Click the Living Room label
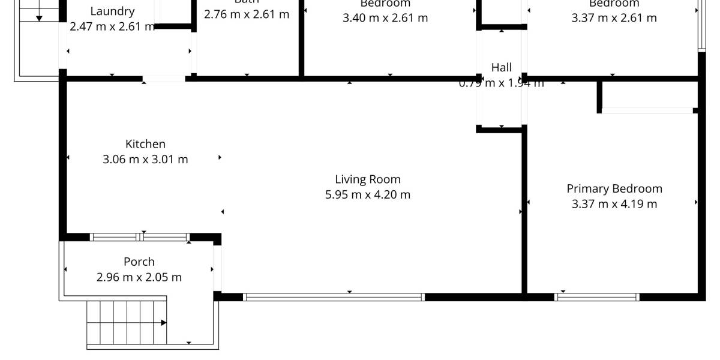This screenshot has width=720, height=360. point(367,179)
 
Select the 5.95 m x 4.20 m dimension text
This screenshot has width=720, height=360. point(367,194)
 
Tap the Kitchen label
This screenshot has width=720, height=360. point(145,144)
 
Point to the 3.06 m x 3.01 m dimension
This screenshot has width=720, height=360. point(145,160)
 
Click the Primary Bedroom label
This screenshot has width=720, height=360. point(614,188)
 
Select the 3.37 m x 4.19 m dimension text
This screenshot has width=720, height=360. point(614,204)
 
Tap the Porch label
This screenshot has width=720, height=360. point(139,262)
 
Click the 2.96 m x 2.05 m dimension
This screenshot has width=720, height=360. point(139,277)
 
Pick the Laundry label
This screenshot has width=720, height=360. point(112,11)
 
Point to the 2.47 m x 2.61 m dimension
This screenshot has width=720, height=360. point(112,26)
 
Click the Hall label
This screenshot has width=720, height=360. point(502,67)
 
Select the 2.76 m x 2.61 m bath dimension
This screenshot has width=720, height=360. point(247,14)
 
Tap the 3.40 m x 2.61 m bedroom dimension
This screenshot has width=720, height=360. point(385,17)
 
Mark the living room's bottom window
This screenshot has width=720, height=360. point(334,296)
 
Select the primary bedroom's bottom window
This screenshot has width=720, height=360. point(597,296)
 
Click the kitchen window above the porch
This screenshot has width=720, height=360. point(139,237)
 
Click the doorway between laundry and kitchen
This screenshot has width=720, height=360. point(164,79)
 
